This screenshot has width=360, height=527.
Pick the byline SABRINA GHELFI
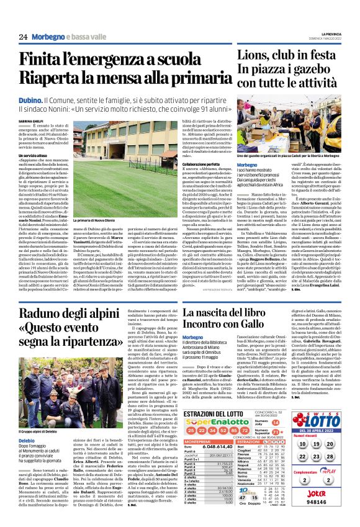pos(30,120)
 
